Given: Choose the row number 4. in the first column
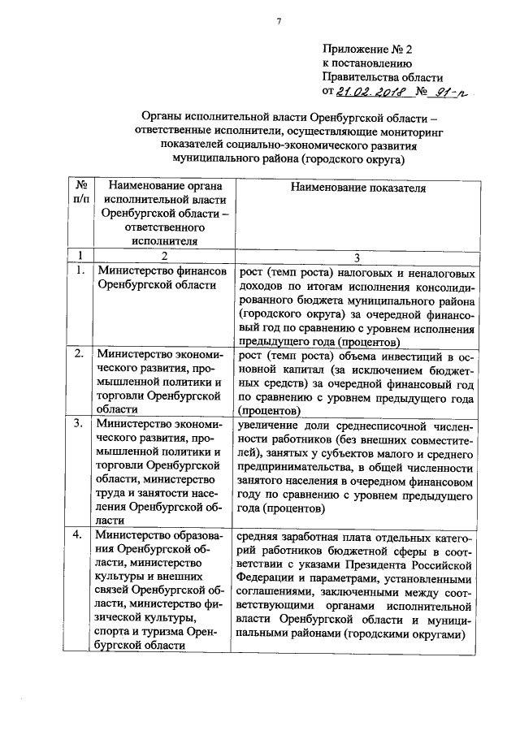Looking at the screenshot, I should [80, 535].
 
